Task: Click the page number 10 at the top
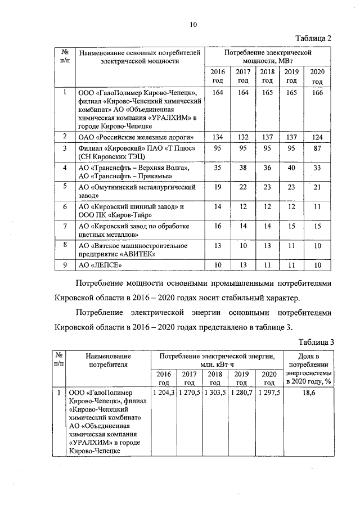(x=193, y=24)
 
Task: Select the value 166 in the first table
(x=317, y=92)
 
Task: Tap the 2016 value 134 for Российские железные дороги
(x=217, y=137)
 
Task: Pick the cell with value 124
(x=317, y=137)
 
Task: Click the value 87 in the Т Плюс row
(x=317, y=148)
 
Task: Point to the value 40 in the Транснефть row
(x=291, y=168)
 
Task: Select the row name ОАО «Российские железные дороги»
(x=136, y=137)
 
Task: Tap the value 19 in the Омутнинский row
(x=217, y=187)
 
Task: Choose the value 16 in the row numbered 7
(x=217, y=226)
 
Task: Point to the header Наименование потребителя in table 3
(x=109, y=360)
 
